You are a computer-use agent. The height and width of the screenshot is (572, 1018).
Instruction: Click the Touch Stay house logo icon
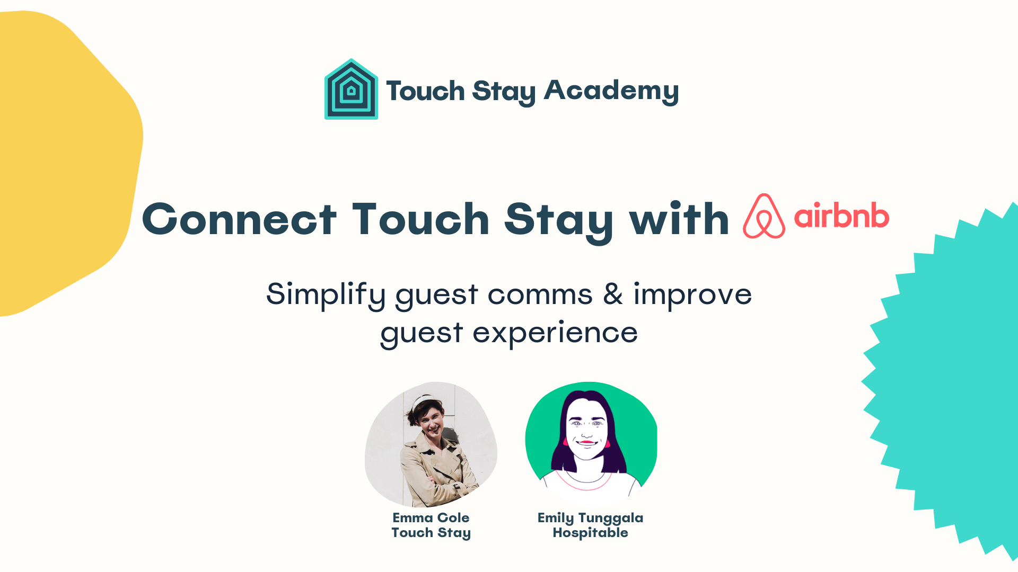[x=351, y=90]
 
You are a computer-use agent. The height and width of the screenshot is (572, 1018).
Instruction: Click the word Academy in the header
[x=611, y=91]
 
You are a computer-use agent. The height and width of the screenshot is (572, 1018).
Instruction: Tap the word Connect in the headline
[x=239, y=219]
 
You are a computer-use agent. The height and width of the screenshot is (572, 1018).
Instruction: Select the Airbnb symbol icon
[x=763, y=217]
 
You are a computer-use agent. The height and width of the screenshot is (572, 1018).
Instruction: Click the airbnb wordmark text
[x=841, y=216]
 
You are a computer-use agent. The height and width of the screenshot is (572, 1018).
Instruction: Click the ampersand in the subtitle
[x=613, y=294]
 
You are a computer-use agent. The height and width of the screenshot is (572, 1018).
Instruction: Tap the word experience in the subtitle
[x=555, y=333]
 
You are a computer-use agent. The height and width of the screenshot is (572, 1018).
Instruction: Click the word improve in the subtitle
[x=692, y=294]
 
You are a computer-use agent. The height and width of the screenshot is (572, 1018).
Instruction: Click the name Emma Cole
[x=431, y=517]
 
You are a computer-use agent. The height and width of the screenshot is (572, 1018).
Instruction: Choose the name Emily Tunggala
[x=590, y=517]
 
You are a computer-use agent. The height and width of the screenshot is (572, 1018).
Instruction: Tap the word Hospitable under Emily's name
[x=590, y=532]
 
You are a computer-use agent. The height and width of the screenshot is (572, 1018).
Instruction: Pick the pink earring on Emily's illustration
[x=607, y=443]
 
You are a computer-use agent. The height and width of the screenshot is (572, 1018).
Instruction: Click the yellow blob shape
[x=64, y=159]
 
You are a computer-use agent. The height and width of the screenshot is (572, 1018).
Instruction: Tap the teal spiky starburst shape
[x=954, y=381]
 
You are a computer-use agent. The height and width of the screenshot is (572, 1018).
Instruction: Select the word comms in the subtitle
[x=540, y=294]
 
